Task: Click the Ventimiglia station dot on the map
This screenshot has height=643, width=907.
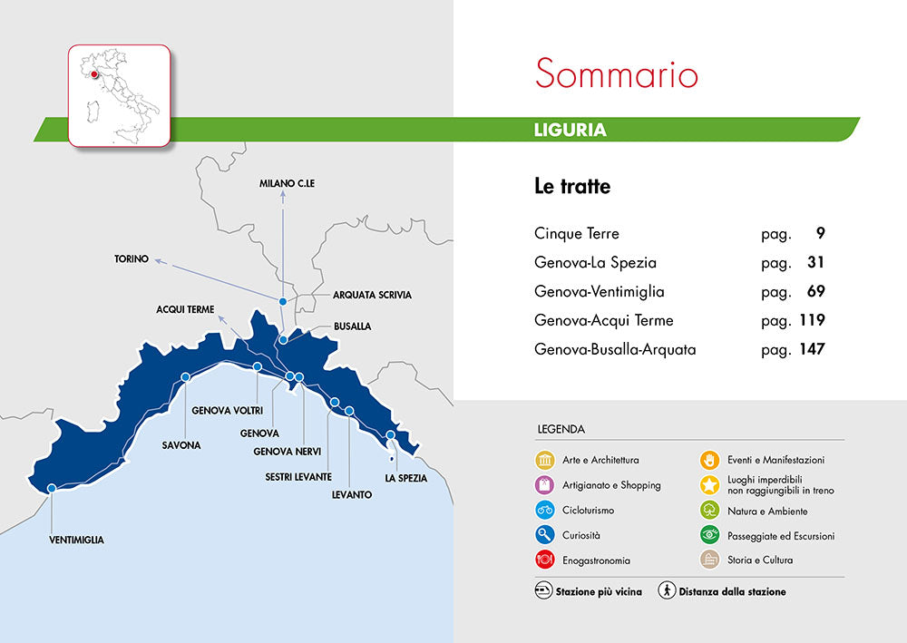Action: (x=52, y=488)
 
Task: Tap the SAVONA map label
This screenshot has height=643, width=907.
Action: (x=181, y=445)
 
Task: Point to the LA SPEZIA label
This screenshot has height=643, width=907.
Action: (x=405, y=478)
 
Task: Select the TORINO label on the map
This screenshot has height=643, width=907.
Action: (x=132, y=258)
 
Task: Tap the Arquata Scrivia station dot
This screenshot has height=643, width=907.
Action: (x=283, y=301)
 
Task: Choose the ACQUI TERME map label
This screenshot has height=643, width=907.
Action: (x=185, y=309)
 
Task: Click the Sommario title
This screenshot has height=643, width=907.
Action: (x=617, y=73)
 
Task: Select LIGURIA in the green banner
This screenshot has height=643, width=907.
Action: (x=571, y=130)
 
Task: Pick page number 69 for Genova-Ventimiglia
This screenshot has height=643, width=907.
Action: (x=812, y=291)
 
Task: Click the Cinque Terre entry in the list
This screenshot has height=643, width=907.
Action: (x=577, y=233)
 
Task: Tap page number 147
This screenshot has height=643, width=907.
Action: (x=811, y=349)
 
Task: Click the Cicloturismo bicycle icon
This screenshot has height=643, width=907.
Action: (x=545, y=510)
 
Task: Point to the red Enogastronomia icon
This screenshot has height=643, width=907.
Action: (x=545, y=560)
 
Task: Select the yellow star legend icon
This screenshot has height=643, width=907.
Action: (x=710, y=484)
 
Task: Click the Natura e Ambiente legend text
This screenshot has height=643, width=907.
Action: (x=767, y=511)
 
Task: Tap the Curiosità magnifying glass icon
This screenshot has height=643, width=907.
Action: (x=545, y=535)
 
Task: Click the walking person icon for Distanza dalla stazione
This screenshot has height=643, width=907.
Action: (x=667, y=591)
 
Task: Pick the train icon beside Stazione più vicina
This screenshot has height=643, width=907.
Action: (x=543, y=591)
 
